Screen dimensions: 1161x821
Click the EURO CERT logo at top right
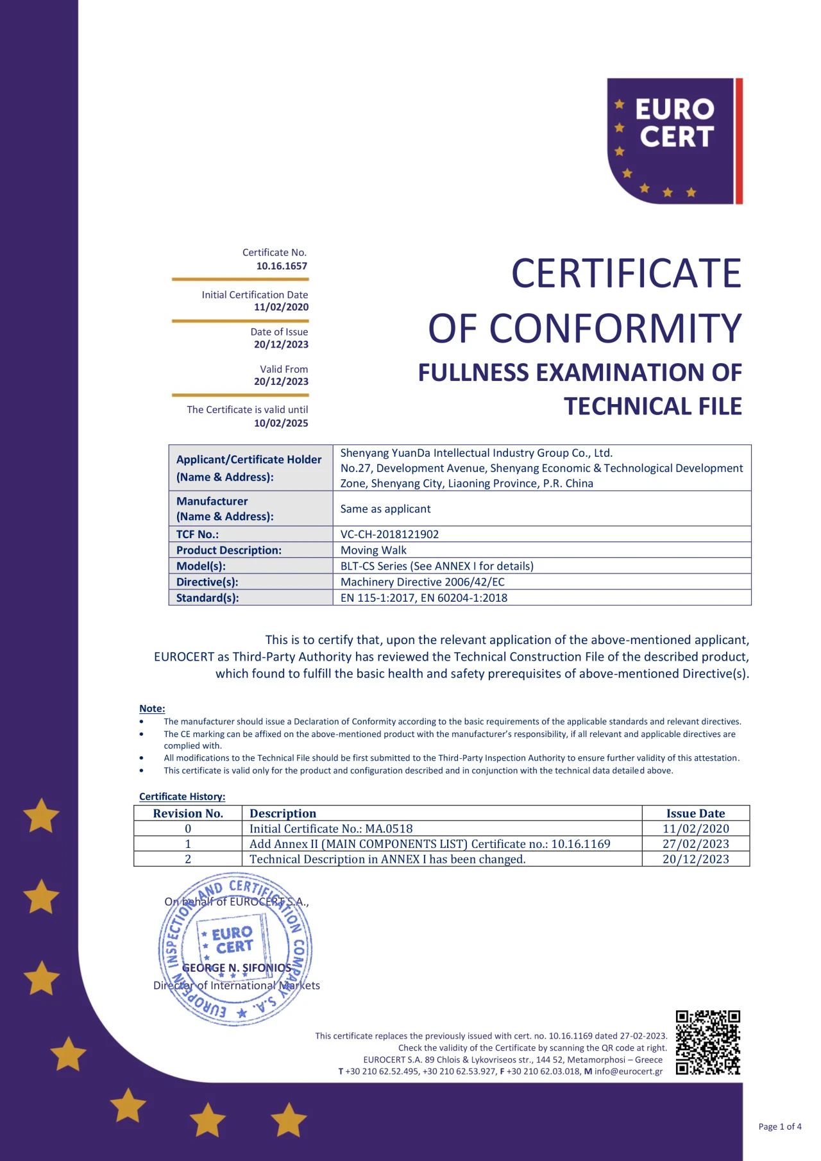tap(674, 141)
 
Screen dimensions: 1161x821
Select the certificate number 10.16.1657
tap(282, 266)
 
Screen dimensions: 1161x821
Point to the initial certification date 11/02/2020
tap(281, 307)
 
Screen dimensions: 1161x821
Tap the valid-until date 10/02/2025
tap(281, 423)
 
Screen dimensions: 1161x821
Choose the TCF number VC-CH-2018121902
tap(389, 534)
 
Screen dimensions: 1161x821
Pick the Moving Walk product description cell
tap(373, 550)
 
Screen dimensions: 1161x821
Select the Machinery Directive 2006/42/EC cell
tap(422, 582)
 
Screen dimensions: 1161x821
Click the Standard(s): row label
tap(207, 598)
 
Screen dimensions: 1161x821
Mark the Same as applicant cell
tap(385, 509)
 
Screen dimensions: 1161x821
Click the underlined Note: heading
tap(152, 709)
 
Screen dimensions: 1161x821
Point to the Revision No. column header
tap(188, 813)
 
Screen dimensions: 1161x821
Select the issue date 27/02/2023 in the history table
tap(695, 844)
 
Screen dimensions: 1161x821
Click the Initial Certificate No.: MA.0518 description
tap(331, 829)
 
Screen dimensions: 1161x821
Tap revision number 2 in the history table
tap(188, 860)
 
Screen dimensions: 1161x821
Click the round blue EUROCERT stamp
tap(235, 949)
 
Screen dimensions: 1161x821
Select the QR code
tap(707, 1042)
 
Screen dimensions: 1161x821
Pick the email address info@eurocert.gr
tap(628, 1071)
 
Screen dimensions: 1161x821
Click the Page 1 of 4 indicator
tap(779, 1126)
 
